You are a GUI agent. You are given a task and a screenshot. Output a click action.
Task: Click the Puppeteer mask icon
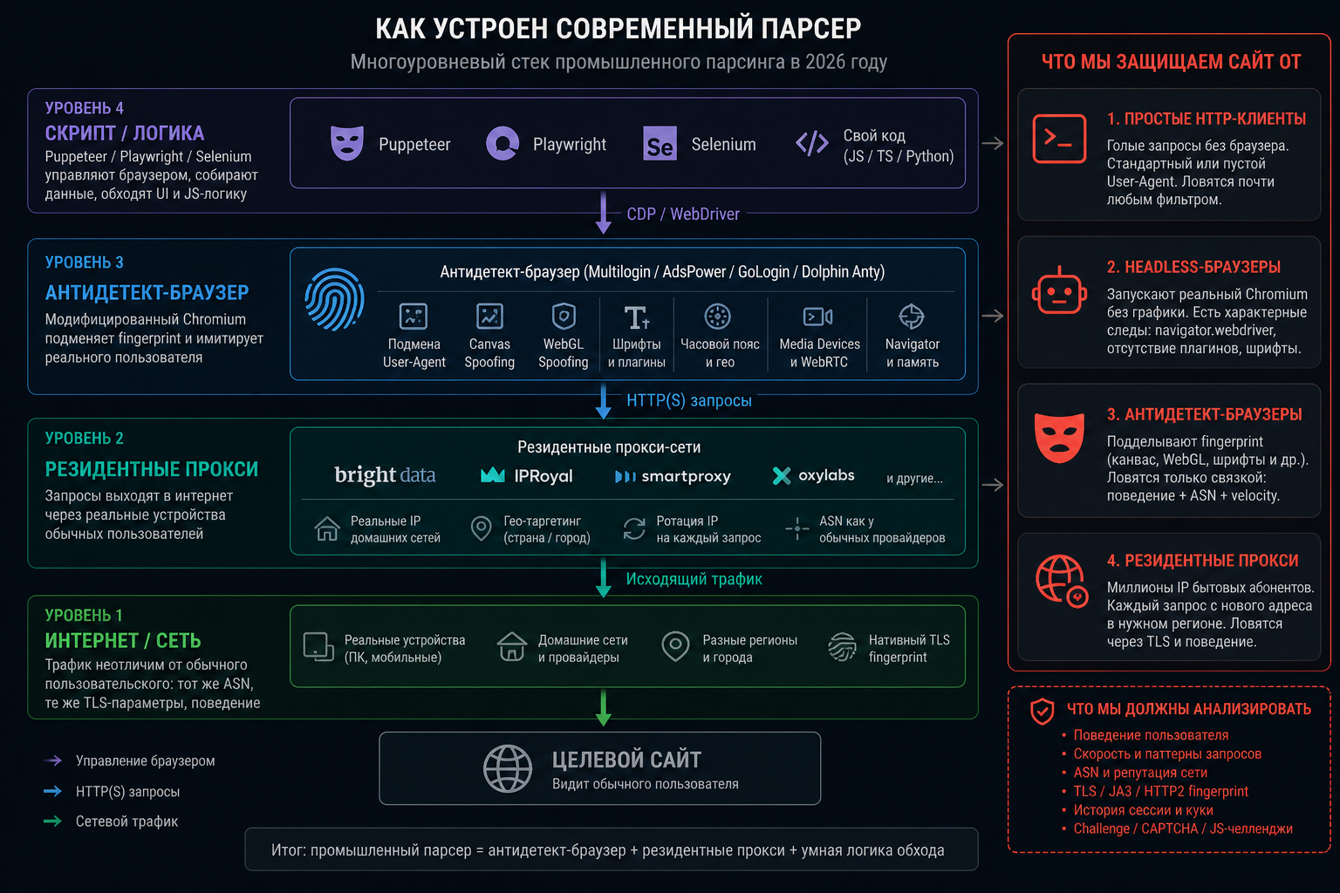(x=347, y=143)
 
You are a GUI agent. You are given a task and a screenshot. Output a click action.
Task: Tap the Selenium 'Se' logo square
(x=660, y=144)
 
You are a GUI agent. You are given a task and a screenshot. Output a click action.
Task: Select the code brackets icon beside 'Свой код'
(x=812, y=144)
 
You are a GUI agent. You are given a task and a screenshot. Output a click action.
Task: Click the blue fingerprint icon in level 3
(x=334, y=299)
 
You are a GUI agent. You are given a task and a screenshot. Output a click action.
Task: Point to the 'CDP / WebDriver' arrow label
(x=682, y=215)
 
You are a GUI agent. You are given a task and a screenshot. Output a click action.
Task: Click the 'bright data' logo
(x=385, y=475)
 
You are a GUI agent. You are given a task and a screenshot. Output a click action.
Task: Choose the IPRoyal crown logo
(x=493, y=475)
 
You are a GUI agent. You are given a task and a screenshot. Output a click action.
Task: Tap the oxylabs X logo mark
(x=782, y=475)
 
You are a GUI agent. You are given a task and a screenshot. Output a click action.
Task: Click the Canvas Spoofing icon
(x=489, y=317)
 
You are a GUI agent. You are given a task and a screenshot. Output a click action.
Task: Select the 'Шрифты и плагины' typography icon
(x=637, y=317)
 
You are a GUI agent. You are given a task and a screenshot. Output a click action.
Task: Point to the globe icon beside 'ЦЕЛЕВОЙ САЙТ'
(x=507, y=768)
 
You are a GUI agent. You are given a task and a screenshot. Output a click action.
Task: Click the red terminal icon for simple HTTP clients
(x=1059, y=138)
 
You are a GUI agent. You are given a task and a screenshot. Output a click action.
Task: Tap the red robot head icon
(x=1059, y=290)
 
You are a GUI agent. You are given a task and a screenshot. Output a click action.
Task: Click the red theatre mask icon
(x=1059, y=438)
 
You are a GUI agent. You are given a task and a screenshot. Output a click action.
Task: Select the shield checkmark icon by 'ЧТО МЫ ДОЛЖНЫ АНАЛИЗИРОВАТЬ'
(x=1043, y=711)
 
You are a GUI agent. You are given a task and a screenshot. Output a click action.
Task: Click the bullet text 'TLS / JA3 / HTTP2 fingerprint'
(x=1160, y=791)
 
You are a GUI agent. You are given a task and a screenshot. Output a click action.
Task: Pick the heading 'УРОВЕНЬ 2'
(x=85, y=439)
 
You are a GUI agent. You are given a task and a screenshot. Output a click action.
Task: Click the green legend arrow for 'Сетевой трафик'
(x=52, y=821)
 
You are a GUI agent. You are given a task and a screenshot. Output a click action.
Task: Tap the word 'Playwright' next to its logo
(x=570, y=144)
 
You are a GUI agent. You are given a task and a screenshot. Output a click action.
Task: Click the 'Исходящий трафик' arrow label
(x=694, y=579)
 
